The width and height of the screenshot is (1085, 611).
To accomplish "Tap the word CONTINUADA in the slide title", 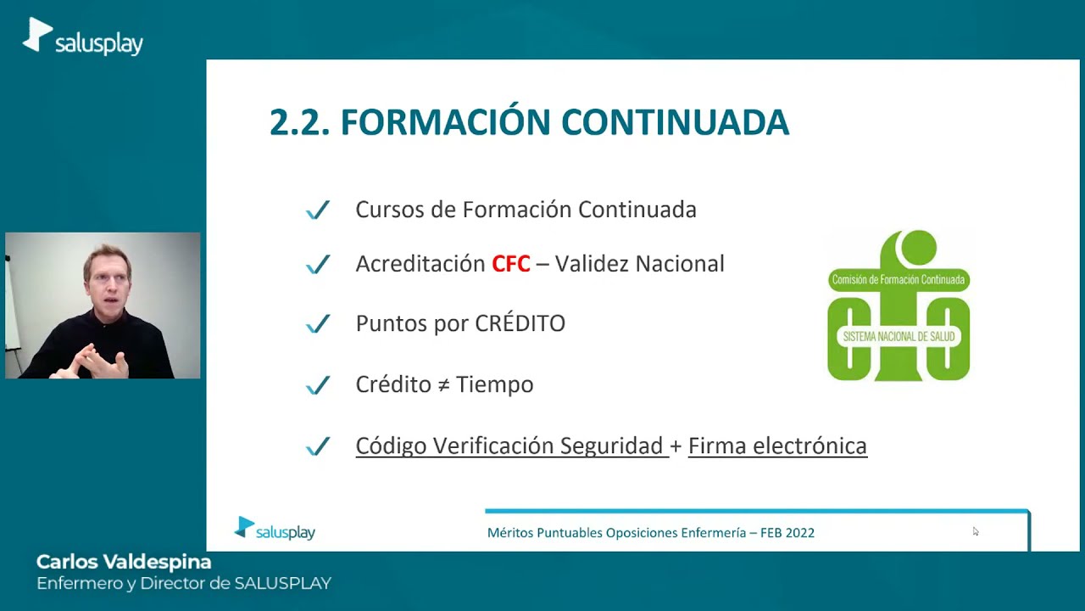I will coord(675,122).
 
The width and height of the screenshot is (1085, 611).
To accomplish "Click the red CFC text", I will coord(510,264).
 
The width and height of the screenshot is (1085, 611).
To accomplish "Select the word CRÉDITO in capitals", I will coord(520,323).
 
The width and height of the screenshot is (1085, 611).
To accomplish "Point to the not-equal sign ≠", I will coord(444,384).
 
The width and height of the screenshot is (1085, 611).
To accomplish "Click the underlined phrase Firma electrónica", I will coord(777,446).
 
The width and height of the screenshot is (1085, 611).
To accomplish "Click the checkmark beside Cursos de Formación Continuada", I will coord(318,210).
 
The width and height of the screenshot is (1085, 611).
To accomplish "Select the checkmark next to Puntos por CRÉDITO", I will coord(318,324).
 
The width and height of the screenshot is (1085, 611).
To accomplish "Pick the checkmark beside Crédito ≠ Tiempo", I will coord(318,385).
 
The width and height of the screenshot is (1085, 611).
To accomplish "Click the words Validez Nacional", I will coord(640,264).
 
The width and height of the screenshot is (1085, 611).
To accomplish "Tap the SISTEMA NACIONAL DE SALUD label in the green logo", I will coord(899,337).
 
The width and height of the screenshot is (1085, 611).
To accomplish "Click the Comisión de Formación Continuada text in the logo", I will coord(899,279).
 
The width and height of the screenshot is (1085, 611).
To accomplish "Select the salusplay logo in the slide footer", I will coord(275,530).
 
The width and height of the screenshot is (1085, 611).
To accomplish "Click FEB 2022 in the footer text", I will coord(787,533).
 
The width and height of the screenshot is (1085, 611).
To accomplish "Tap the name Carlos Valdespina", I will coord(124,562).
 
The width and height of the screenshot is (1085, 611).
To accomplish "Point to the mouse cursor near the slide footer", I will coord(975,531).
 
